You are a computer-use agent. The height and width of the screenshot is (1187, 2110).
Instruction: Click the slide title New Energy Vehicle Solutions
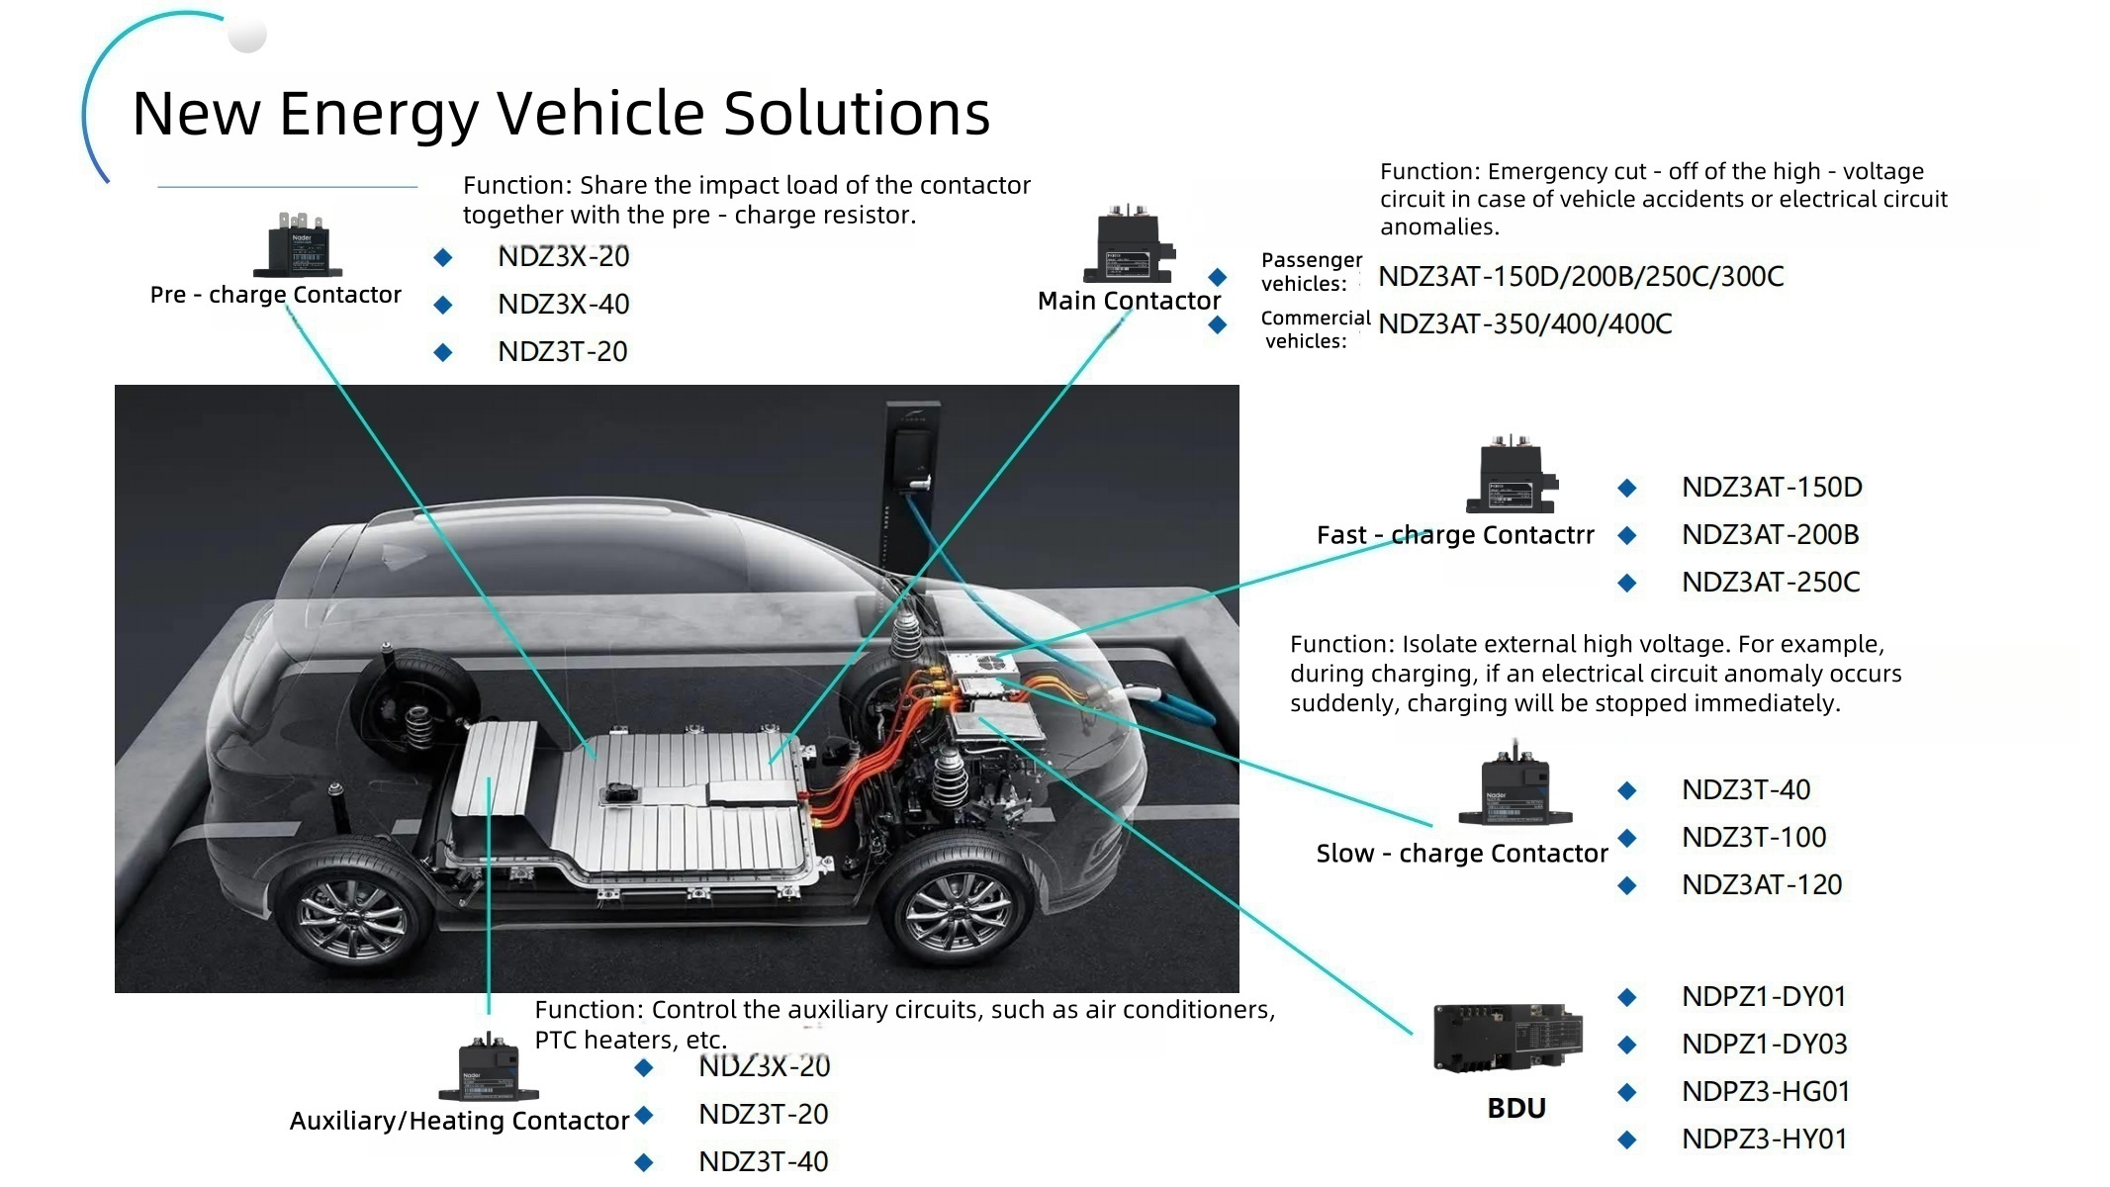click(x=561, y=113)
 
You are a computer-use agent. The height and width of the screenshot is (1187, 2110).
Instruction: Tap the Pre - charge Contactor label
click(x=275, y=295)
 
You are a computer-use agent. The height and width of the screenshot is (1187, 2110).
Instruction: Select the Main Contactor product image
click(x=1129, y=245)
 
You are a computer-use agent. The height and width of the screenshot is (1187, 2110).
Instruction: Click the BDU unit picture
click(x=1507, y=1039)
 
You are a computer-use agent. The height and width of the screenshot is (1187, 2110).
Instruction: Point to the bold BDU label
click(x=1515, y=1108)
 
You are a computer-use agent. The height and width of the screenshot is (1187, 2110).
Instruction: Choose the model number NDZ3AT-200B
click(x=1770, y=535)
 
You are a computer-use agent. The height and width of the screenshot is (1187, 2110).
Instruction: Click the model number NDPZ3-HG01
click(x=1765, y=1092)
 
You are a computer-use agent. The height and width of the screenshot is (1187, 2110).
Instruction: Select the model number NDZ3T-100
click(x=1753, y=838)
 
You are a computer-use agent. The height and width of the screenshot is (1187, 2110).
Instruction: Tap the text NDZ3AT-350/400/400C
click(x=1524, y=324)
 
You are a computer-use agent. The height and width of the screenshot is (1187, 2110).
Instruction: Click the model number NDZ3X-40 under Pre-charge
click(x=563, y=305)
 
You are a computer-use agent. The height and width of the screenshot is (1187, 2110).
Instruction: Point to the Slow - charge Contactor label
click(x=1461, y=854)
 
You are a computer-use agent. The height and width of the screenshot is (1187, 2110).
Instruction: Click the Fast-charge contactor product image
click(x=1511, y=476)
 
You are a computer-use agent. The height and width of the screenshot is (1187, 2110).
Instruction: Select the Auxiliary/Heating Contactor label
click(x=459, y=1121)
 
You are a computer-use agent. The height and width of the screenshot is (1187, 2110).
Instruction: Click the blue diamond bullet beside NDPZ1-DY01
click(x=1626, y=997)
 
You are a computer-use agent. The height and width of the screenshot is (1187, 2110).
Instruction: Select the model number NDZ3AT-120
click(x=1761, y=885)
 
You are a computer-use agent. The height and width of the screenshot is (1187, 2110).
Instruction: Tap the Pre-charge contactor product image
click(x=298, y=245)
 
